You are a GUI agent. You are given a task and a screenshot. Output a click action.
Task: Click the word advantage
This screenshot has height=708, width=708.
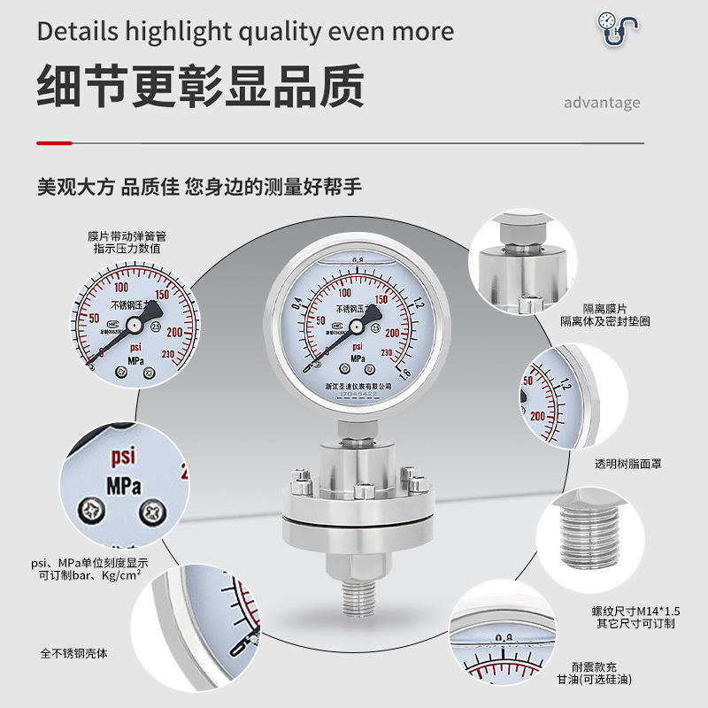coord(602,102)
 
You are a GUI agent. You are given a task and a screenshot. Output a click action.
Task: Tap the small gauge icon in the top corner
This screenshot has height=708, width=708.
coord(616,28)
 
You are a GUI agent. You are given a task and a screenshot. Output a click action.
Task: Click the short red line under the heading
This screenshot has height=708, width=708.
coord(54,142)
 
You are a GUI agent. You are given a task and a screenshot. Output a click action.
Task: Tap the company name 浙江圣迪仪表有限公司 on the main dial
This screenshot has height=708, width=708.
coord(358,388)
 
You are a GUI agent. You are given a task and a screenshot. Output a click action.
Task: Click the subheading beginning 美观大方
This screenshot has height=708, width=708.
coord(198,188)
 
